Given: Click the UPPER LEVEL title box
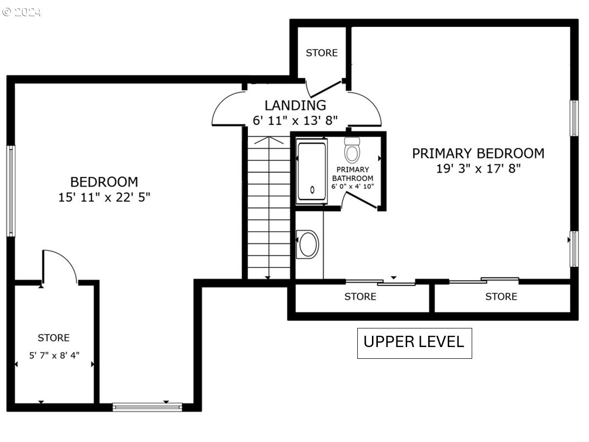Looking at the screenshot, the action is click(x=414, y=343).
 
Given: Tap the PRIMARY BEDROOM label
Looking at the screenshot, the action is click(x=478, y=153).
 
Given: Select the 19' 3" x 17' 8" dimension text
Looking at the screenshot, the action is click(x=479, y=169).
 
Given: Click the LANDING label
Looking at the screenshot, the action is click(x=295, y=105).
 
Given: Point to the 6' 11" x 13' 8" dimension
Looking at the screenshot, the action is click(x=295, y=120).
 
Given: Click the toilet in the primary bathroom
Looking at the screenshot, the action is click(x=352, y=150).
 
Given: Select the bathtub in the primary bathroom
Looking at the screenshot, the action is click(x=312, y=171).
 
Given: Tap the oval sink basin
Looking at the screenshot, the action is click(x=308, y=244).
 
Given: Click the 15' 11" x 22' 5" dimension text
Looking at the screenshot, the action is click(x=104, y=197).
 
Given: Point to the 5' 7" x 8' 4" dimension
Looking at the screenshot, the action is click(x=54, y=355).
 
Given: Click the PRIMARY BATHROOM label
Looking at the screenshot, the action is click(x=352, y=174).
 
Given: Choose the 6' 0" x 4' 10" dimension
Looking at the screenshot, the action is click(x=352, y=186).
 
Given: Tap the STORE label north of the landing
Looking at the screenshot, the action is click(x=322, y=53).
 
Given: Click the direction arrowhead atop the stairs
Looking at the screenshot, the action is click(x=269, y=140).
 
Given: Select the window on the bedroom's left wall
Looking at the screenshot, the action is click(x=11, y=191).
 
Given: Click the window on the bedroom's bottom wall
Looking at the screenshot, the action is click(x=147, y=407).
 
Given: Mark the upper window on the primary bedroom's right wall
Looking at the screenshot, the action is click(x=574, y=118).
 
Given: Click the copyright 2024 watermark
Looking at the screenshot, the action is click(x=22, y=12).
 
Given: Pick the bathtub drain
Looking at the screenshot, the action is click(x=312, y=190).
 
